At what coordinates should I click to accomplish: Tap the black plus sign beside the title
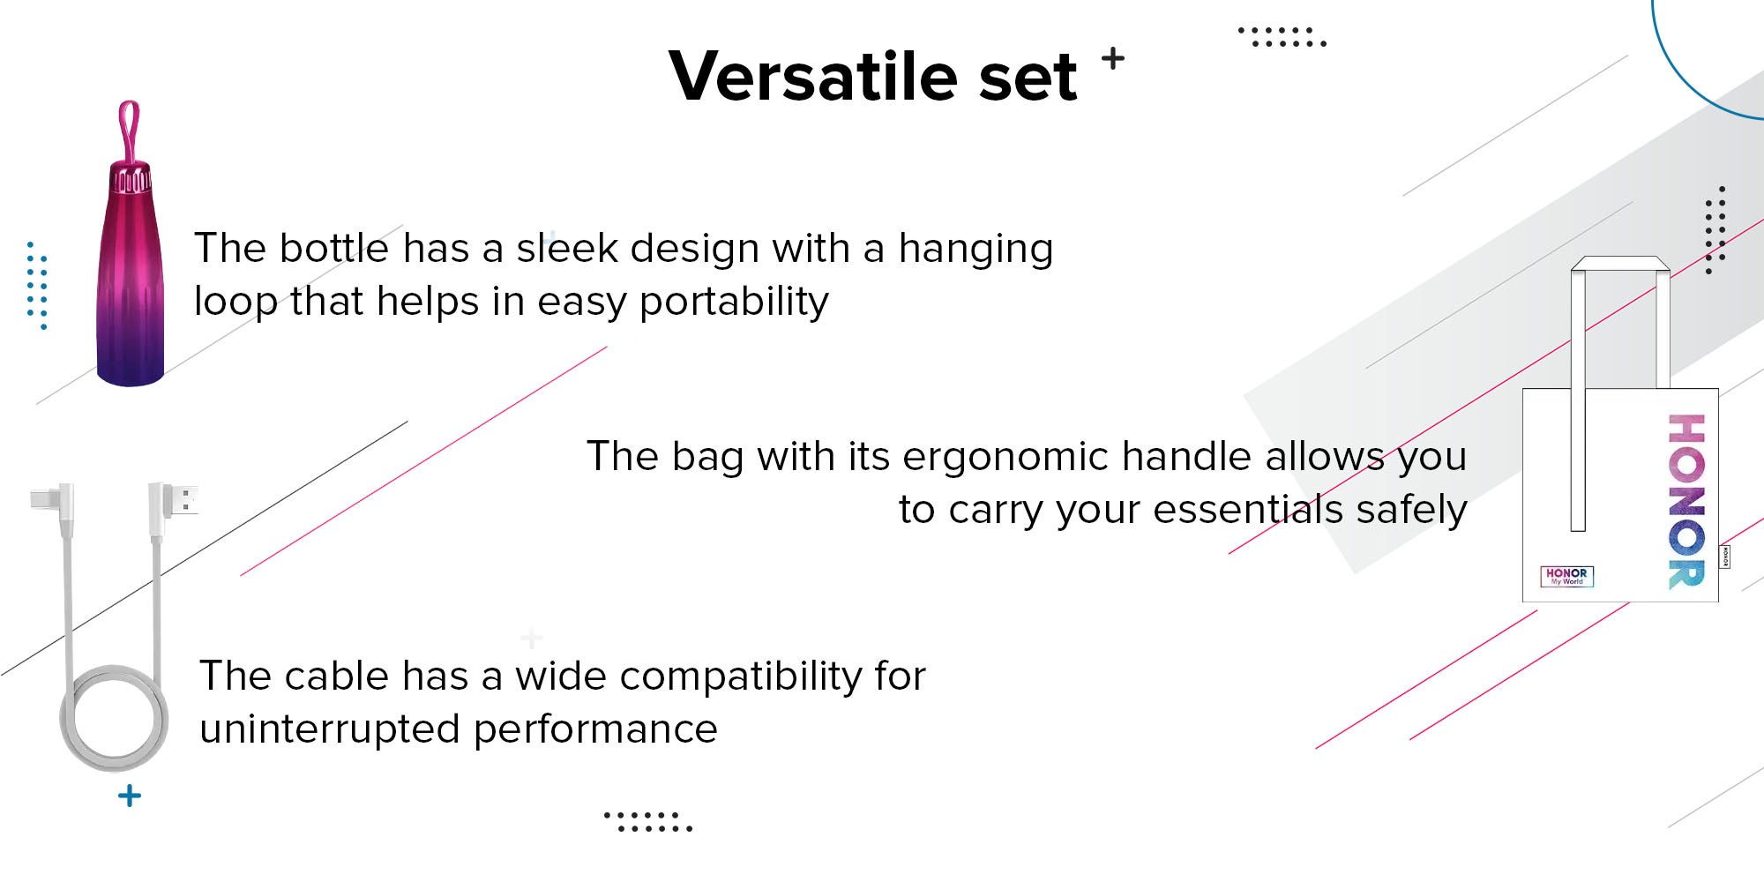pos(1113,58)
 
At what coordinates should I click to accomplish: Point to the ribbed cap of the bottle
pos(131,177)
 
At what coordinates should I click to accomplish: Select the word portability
pos(734,303)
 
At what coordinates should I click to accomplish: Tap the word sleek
pos(567,248)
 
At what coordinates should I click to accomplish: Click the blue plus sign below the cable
pos(130,796)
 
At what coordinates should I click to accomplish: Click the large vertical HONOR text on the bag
pos(1686,501)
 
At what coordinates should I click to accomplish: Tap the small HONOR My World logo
pos(1566,576)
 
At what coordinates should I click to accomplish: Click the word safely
pos(1411,511)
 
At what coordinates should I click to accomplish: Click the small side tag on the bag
pos(1724,557)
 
